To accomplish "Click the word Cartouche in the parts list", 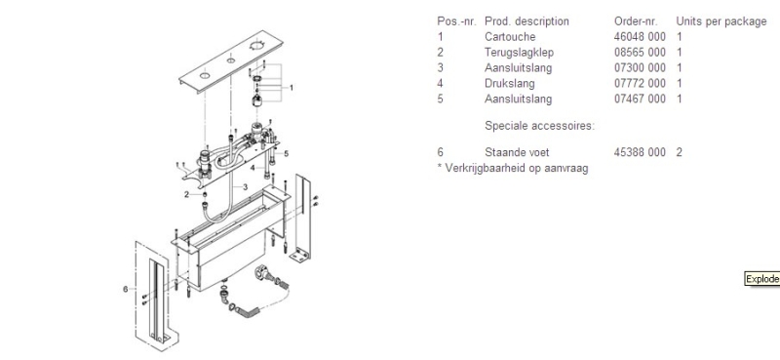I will tap(509, 36).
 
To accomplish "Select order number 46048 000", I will tap(639, 36).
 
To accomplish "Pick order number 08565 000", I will tap(639, 52).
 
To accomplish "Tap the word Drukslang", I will tap(510, 83).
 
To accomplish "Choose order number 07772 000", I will tap(639, 83).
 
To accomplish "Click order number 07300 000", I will tap(639, 67).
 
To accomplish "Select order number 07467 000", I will tap(639, 99).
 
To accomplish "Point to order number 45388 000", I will tap(639, 152).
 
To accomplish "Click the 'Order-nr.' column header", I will tap(637, 20).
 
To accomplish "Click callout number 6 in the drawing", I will tap(126, 289).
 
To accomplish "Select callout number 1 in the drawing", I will tap(291, 87).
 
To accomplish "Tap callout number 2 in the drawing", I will tap(184, 194).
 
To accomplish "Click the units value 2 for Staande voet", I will tap(679, 152).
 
